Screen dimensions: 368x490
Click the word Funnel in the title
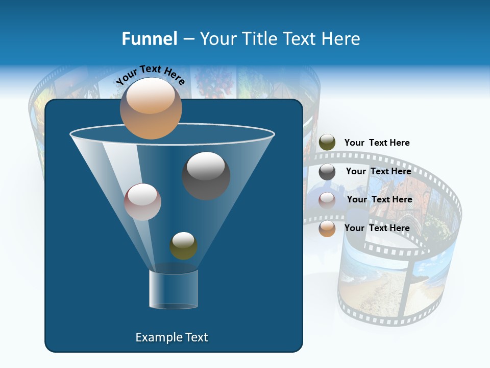tap(149, 39)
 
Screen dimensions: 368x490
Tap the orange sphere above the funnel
tap(151, 108)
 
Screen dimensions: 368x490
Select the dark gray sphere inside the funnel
tap(206, 175)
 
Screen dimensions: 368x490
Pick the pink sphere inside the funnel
tap(142, 202)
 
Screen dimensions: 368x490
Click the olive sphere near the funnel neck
tap(183, 245)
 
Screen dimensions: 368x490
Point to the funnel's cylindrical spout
tap(174, 289)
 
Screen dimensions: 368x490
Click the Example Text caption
tap(171, 337)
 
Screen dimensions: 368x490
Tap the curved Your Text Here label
tap(150, 75)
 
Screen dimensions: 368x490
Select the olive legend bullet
tap(327, 143)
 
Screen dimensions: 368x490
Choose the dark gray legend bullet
tap(327, 172)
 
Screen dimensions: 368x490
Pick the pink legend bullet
tap(327, 200)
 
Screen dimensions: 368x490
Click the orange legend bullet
tap(327, 228)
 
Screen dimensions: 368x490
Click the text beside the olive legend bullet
tap(377, 143)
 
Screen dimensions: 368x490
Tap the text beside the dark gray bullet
tap(378, 171)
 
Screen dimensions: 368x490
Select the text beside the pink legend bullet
tap(379, 199)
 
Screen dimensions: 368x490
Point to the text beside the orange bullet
tap(377, 228)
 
